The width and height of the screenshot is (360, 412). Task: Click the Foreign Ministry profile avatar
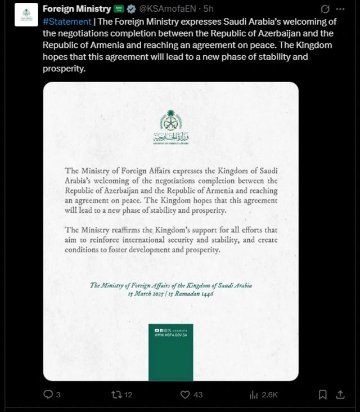click(26, 15)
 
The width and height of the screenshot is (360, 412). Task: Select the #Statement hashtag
click(67, 21)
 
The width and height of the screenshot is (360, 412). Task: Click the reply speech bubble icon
click(48, 395)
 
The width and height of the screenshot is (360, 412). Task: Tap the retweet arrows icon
click(116, 395)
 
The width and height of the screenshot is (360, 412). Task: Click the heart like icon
click(185, 395)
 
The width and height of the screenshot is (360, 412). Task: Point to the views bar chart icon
click(253, 395)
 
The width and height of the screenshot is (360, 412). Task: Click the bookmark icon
click(323, 395)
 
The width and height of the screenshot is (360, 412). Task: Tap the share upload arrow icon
click(340, 395)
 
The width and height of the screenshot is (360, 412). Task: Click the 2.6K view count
click(270, 395)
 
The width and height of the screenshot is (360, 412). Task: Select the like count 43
click(198, 395)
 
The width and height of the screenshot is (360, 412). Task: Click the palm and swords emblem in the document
click(170, 120)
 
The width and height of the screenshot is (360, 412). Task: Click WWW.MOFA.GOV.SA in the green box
click(170, 335)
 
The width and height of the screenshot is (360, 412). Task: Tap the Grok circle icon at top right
click(325, 9)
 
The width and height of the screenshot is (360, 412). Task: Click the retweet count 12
click(128, 395)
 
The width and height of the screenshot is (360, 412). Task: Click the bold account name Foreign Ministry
click(77, 9)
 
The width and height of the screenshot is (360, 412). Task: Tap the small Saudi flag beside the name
click(119, 9)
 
